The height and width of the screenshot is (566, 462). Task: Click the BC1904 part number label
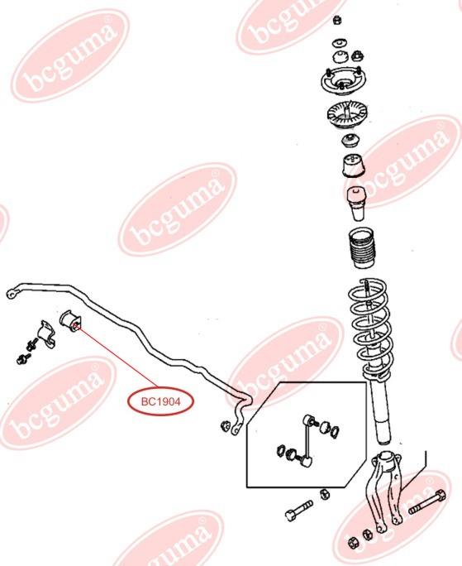(160, 401)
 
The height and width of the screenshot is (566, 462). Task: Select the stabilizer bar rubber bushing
(71, 321)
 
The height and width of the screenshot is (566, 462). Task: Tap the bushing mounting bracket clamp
(46, 334)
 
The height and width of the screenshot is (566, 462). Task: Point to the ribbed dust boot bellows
(361, 247)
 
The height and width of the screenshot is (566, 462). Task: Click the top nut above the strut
(337, 20)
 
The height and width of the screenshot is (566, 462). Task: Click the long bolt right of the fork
(427, 502)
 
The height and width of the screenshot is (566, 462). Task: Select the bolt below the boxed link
(298, 510)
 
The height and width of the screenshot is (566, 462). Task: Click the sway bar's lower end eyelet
(236, 429)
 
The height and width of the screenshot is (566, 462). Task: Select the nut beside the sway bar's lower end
(224, 426)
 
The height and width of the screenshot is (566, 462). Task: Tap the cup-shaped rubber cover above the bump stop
(354, 165)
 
